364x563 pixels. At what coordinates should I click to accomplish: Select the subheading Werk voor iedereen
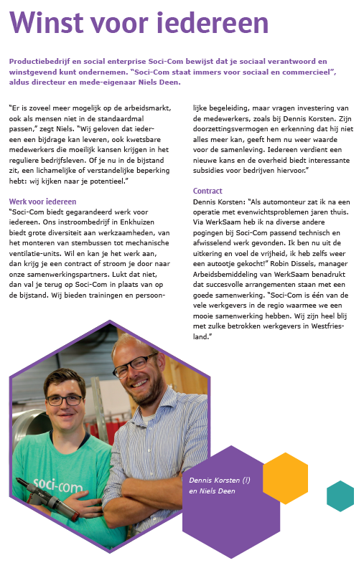[x=42, y=202]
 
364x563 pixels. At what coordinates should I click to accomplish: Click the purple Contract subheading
[x=208, y=191]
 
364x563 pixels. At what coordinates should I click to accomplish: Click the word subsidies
[x=212, y=171]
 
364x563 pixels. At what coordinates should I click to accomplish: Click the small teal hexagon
[x=340, y=496]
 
